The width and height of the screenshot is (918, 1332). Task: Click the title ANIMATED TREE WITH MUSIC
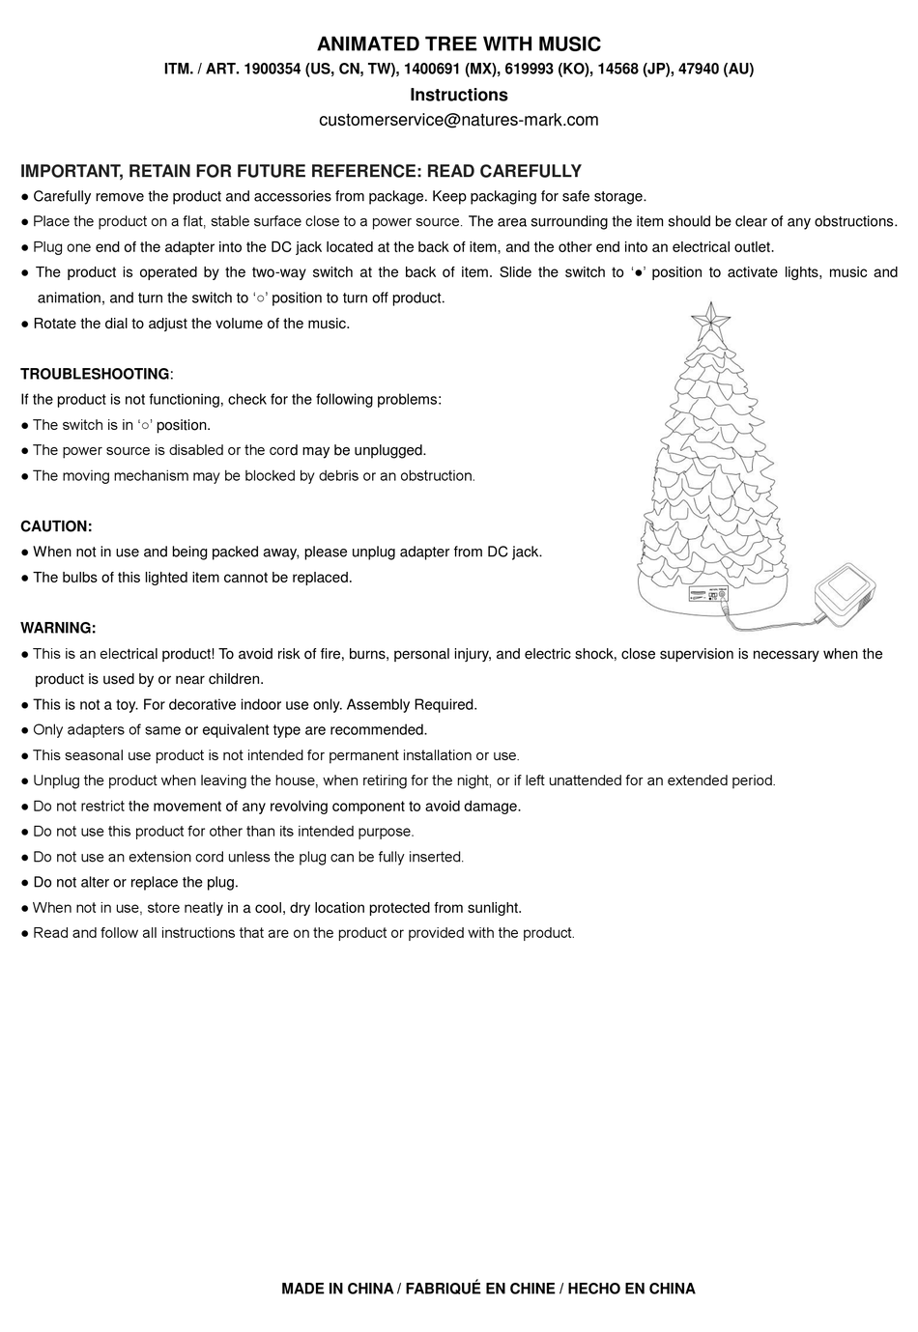click(x=459, y=44)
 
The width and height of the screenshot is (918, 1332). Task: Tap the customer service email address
click(x=459, y=120)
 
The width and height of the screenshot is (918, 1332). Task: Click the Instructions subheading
click(x=459, y=95)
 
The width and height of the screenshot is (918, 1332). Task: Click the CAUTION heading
click(x=56, y=526)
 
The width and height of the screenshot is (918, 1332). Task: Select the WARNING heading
click(x=58, y=628)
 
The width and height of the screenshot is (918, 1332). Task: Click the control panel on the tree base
click(x=709, y=597)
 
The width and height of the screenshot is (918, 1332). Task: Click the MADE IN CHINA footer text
click(x=337, y=1289)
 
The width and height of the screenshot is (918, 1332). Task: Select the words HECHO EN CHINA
click(x=631, y=1289)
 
